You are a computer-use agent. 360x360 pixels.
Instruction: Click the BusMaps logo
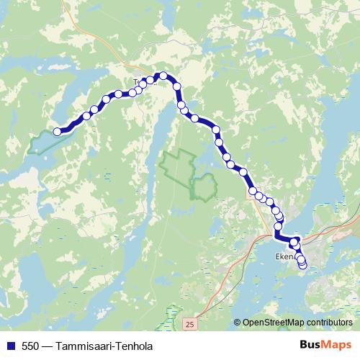pos(325,346)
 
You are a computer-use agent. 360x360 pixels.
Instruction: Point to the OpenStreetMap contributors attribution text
pos(297,322)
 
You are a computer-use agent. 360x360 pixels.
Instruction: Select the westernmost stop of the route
pos(58,131)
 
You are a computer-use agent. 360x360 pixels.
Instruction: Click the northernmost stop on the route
pos(163,76)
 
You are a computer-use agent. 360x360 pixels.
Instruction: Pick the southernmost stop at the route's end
pos(302,265)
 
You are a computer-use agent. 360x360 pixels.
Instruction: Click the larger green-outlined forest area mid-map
pos(178,166)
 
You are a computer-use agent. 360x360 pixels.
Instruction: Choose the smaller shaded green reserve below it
pos(203,186)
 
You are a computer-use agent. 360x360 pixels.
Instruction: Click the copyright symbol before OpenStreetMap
pos(238,322)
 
